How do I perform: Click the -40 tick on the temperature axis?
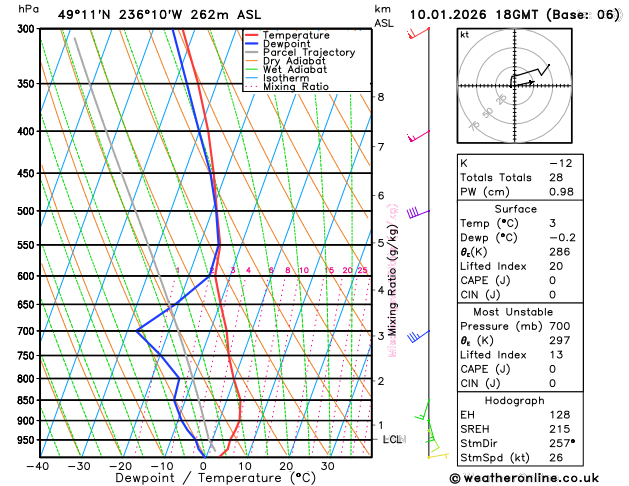click(39, 465)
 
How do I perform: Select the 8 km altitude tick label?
click(381, 97)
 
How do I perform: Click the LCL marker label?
click(391, 439)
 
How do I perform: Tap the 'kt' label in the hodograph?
click(464, 34)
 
